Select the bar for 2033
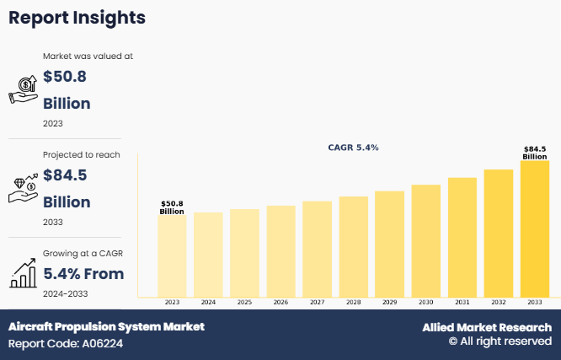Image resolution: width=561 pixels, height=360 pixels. click(x=534, y=228)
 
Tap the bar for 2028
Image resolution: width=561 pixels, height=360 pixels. click(x=353, y=246)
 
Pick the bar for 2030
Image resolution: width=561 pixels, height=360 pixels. click(x=425, y=240)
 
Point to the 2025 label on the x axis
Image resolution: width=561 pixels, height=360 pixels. click(x=244, y=302)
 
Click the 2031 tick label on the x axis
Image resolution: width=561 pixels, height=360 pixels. click(x=462, y=302)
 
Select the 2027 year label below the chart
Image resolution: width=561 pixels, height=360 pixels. click(x=317, y=302)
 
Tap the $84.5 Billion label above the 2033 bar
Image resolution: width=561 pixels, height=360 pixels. click(x=534, y=153)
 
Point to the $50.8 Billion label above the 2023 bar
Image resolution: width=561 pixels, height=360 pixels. click(x=172, y=207)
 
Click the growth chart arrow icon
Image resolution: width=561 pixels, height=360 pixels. click(x=23, y=272)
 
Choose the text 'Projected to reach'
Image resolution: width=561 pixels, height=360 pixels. click(x=82, y=154)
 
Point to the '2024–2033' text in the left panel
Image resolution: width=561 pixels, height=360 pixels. click(x=65, y=293)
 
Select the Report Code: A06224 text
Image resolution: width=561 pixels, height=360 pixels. click(x=67, y=344)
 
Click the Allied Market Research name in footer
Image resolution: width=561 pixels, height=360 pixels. click(x=487, y=327)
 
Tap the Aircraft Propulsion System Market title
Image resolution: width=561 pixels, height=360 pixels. click(x=106, y=326)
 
